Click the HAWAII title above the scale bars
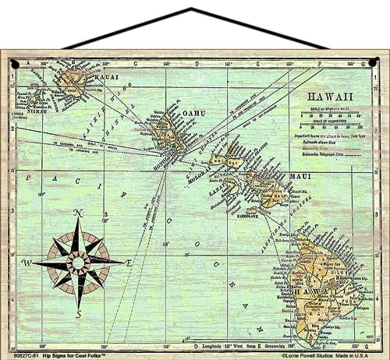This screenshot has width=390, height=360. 326,97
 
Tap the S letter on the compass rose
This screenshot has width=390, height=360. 77,313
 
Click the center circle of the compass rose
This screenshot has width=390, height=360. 77,263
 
